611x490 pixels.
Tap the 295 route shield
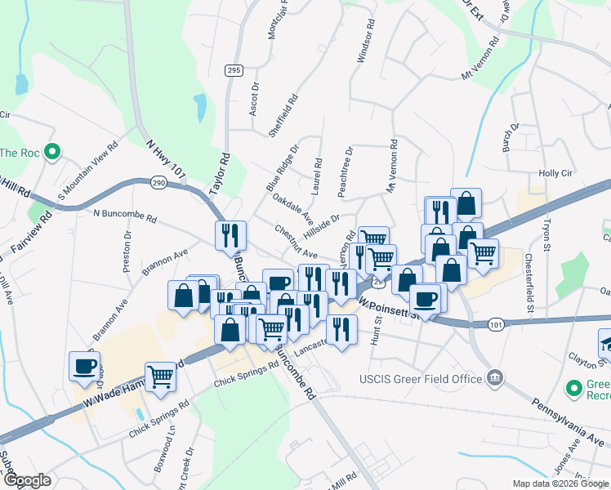coord(234,71)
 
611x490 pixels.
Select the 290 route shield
coord(158,182)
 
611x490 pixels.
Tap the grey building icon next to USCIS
coord(494,378)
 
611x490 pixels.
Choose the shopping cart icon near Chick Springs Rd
coord(162,376)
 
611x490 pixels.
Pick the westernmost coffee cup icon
coord(84,365)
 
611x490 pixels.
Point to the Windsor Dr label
coord(364,47)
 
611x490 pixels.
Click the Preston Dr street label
coord(127,254)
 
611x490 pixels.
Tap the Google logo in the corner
coord(27,480)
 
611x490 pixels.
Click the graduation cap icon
coord(605,342)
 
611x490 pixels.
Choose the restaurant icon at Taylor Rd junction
coord(229,235)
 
